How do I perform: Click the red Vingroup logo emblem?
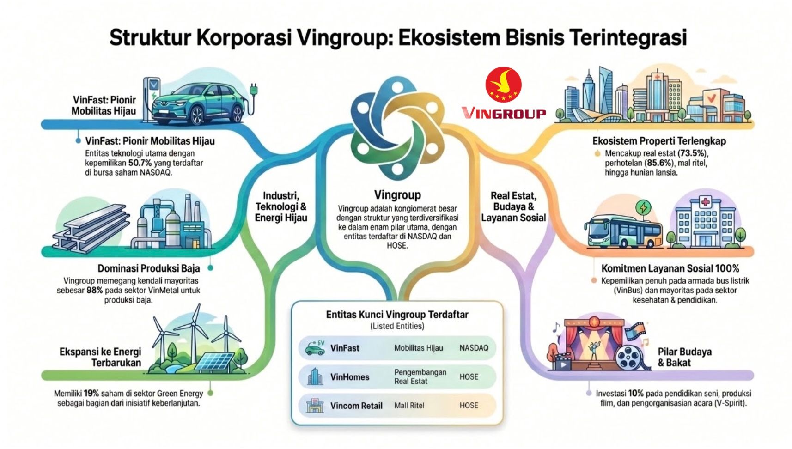(503, 85)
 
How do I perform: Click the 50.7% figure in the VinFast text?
(140, 163)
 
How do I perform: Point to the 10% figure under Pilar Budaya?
(636, 394)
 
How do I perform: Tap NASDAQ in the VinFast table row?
(474, 348)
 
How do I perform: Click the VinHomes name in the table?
(350, 377)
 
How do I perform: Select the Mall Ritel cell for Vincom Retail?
(409, 406)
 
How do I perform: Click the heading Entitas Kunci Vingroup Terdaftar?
(397, 315)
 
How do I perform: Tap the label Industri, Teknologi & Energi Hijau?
(281, 206)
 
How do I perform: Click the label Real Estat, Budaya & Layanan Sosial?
(513, 206)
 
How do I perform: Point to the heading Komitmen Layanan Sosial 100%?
(670, 268)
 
